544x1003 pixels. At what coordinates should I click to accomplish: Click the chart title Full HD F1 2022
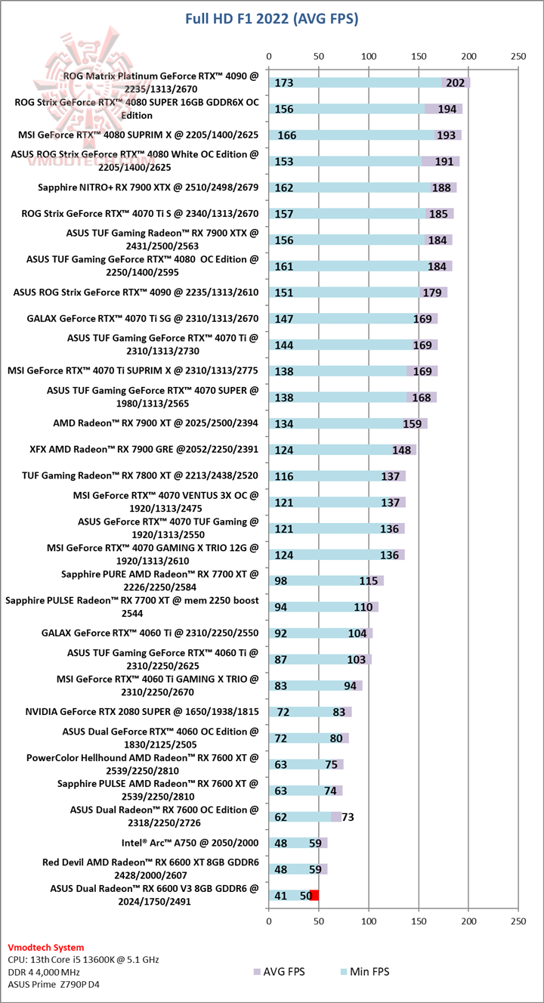click(272, 18)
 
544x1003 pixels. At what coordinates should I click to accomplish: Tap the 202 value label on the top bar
click(456, 82)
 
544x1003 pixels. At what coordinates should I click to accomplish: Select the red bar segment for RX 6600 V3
click(314, 895)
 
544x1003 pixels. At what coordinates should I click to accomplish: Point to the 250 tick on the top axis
click(518, 57)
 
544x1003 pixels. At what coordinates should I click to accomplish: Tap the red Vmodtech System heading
click(46, 947)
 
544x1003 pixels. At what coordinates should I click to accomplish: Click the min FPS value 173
click(285, 82)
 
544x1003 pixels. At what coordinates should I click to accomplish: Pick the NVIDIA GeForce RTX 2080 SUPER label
click(142, 711)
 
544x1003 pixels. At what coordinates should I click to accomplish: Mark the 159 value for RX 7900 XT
click(412, 423)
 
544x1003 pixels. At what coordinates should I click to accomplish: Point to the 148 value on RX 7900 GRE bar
click(401, 450)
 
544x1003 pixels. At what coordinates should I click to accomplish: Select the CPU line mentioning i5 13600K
click(83, 959)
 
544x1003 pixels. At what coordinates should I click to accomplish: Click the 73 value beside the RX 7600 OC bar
click(348, 816)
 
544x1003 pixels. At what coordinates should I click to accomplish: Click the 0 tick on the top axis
click(269, 57)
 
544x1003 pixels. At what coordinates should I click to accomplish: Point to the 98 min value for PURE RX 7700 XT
click(281, 580)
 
